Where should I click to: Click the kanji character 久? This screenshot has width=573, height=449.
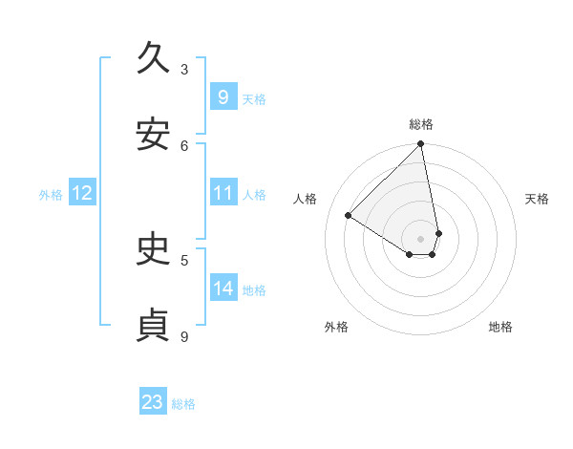pos(154,58)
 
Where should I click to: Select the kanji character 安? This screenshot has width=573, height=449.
pos(154,135)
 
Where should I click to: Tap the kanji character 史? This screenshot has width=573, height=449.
pos(154,249)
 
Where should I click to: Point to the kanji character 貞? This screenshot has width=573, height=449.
pos(154,326)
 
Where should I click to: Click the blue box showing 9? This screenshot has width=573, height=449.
pos(223,97)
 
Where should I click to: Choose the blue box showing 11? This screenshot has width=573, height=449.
pos(223,193)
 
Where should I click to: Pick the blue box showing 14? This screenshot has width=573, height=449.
pos(223,289)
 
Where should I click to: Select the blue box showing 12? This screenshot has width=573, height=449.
pos(82,194)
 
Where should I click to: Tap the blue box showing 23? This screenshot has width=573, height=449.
pos(153,402)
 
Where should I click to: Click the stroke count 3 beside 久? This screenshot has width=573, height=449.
pos(184,69)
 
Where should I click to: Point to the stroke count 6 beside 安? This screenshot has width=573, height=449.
pos(184,145)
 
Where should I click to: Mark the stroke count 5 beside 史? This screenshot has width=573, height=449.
pos(184,260)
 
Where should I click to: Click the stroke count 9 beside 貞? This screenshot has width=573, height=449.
pos(184,336)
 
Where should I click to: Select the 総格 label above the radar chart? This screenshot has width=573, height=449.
pos(421,124)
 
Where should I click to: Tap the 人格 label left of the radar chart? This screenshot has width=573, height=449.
pos(306,199)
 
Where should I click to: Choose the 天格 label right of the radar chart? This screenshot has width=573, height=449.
pos(537,199)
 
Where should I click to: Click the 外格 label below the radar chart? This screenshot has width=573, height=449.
pos(336,327)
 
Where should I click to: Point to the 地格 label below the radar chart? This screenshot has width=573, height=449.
pos(500,327)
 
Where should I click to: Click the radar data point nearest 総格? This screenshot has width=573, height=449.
pos(421,144)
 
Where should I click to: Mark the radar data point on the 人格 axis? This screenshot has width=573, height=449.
pos(349,216)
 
